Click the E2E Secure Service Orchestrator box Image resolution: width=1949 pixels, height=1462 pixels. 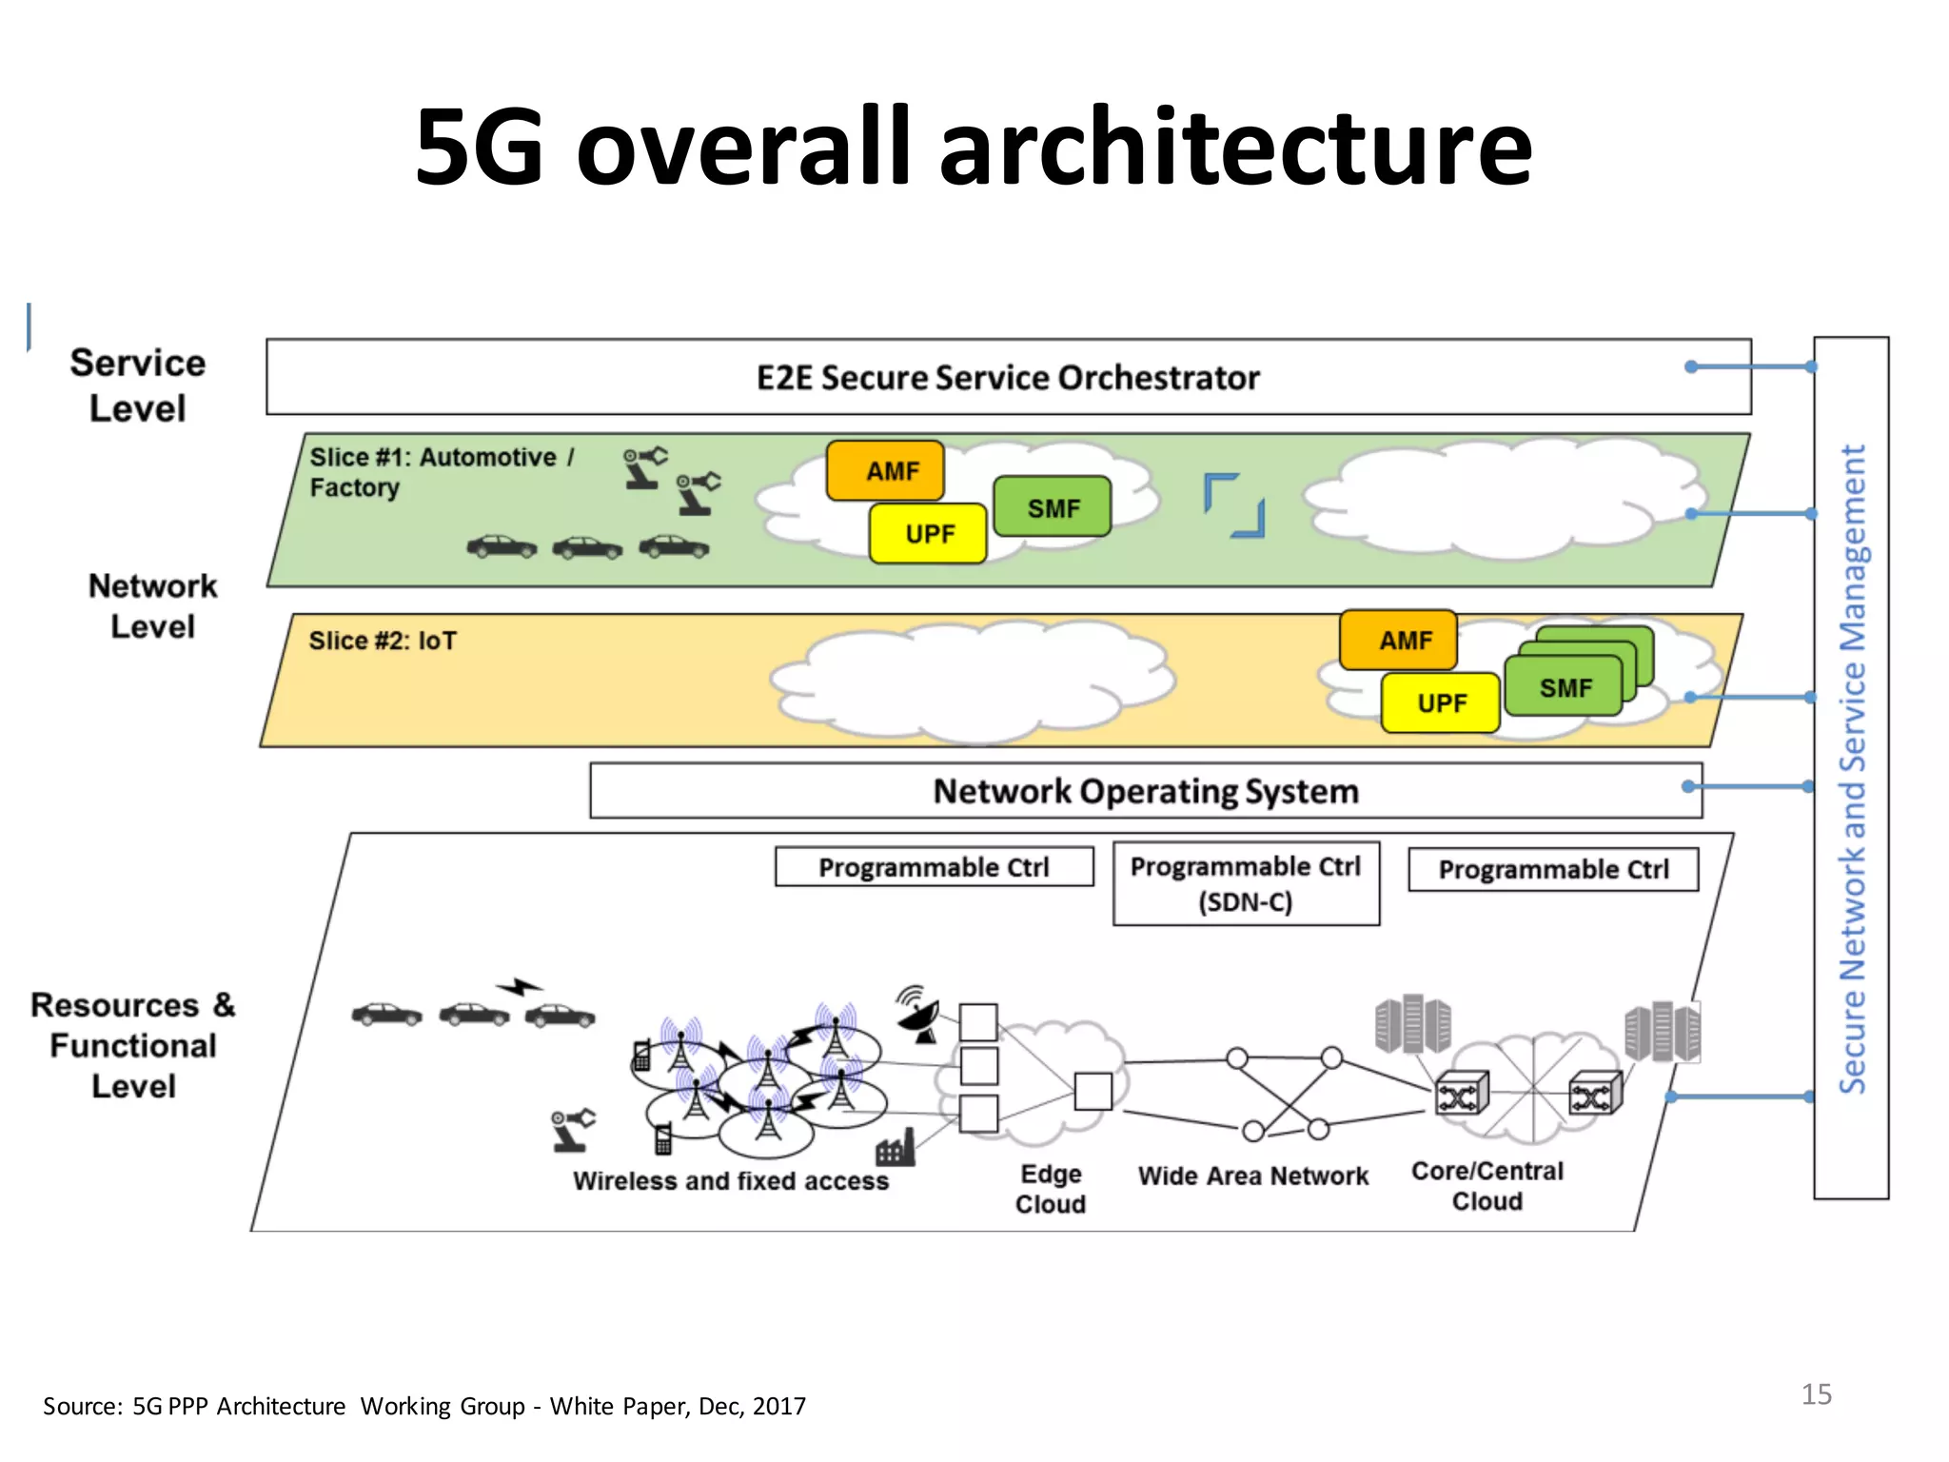(x=1008, y=377)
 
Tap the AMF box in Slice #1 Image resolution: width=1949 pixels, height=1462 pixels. (x=886, y=470)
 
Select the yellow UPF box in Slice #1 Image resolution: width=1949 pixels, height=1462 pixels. (x=928, y=534)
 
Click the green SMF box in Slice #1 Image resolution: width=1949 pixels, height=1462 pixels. (x=1053, y=507)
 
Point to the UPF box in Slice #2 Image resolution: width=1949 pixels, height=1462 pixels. (x=1441, y=703)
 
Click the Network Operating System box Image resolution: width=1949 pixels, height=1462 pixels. (x=1145, y=791)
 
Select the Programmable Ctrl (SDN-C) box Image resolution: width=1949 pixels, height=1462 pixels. (x=1246, y=883)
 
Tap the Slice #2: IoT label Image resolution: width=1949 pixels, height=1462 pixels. (x=383, y=641)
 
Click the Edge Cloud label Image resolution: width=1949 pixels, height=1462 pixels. (x=1051, y=1189)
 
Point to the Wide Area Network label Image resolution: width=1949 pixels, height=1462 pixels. (x=1253, y=1176)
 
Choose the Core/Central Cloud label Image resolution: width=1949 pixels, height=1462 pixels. (x=1486, y=1186)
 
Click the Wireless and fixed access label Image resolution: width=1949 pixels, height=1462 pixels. (x=731, y=1181)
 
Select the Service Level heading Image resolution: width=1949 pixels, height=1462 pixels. (x=138, y=385)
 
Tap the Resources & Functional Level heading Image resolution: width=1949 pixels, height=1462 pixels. (x=133, y=1045)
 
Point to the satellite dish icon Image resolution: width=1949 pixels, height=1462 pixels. (x=919, y=1016)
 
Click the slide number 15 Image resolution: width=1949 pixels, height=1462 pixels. (x=1816, y=1394)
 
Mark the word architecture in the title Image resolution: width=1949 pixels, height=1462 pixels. (x=1235, y=148)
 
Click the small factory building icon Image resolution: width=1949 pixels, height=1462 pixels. (x=896, y=1149)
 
